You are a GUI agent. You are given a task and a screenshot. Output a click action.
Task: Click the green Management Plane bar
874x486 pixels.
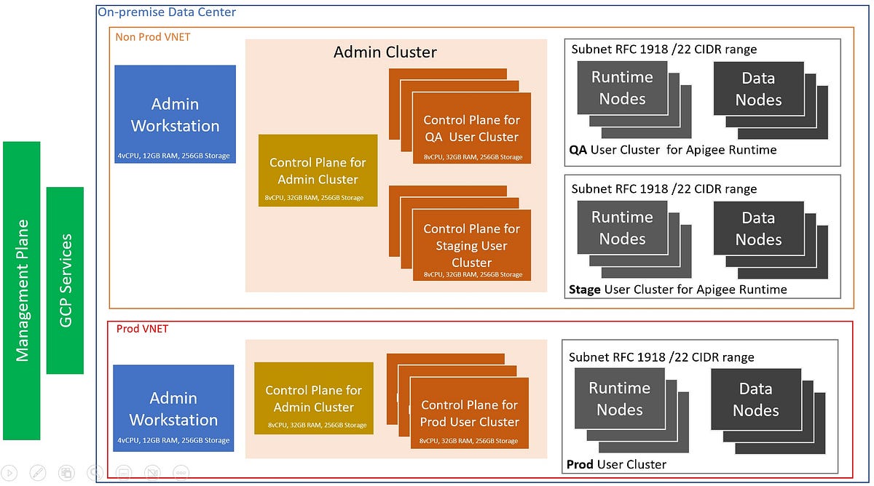click(22, 290)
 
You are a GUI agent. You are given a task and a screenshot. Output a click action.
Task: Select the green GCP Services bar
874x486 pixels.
click(65, 280)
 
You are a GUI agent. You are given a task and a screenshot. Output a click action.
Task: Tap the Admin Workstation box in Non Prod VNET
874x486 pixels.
click(175, 114)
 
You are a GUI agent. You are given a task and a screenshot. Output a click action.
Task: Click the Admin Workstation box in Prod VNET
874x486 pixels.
click(173, 408)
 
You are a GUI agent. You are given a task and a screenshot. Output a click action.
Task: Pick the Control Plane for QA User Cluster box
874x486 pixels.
click(471, 128)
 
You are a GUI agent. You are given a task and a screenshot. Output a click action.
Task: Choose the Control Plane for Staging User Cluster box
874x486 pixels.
click(471, 245)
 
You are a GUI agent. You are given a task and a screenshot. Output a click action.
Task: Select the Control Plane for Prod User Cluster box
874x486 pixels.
click(469, 413)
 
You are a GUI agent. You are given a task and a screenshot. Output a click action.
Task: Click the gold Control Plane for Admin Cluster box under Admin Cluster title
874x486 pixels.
click(318, 170)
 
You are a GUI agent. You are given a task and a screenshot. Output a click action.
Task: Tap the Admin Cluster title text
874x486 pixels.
click(385, 52)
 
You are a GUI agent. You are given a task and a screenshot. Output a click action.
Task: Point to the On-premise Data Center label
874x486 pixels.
click(167, 12)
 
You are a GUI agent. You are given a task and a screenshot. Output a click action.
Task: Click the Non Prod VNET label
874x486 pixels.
click(153, 36)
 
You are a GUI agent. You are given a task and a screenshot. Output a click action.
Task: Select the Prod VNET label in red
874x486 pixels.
click(142, 329)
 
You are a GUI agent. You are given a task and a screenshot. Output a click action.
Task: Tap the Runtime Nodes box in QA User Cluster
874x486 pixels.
click(622, 88)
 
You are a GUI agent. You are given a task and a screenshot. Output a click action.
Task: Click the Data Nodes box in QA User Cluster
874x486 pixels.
click(758, 89)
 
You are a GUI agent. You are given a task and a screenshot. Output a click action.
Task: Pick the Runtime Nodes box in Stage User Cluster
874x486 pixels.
click(622, 228)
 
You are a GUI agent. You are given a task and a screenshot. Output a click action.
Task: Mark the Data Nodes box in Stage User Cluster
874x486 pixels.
click(758, 228)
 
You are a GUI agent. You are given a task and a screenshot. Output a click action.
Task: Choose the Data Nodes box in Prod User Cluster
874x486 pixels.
click(755, 399)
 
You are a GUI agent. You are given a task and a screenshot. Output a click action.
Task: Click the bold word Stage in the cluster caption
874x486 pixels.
click(585, 290)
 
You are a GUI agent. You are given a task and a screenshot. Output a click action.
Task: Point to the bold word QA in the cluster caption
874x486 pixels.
click(578, 150)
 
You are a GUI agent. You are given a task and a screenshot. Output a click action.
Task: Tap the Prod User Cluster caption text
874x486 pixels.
click(616, 464)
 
